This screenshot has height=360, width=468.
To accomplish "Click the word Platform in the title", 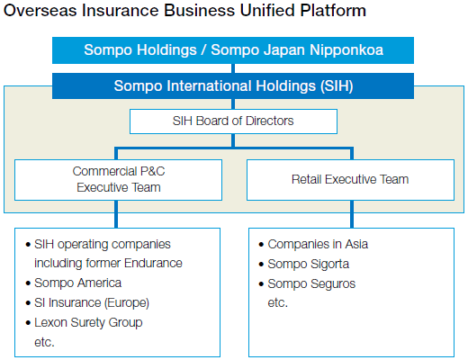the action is [333, 11].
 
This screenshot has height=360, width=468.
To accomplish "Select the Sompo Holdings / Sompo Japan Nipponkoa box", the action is [233, 50].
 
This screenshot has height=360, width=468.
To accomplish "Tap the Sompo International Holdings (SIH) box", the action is [233, 86].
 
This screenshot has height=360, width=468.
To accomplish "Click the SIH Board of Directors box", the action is [233, 121].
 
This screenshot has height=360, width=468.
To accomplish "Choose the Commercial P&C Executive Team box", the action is [118, 180].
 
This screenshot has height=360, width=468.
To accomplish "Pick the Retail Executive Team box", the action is [350, 180].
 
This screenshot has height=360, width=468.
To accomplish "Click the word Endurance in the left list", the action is [153, 263].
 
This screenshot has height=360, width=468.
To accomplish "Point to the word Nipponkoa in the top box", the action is [346, 50].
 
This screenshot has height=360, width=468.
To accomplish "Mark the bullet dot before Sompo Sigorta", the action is [261, 265].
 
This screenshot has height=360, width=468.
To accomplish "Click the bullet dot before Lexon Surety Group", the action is [28, 323].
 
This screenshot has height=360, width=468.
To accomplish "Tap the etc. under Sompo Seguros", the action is [277, 302].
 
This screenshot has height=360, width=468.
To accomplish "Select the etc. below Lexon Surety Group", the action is [44, 342].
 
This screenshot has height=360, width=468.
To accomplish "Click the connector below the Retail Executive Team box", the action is [352, 214].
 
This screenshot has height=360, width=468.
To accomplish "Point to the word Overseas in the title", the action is [40, 11].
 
